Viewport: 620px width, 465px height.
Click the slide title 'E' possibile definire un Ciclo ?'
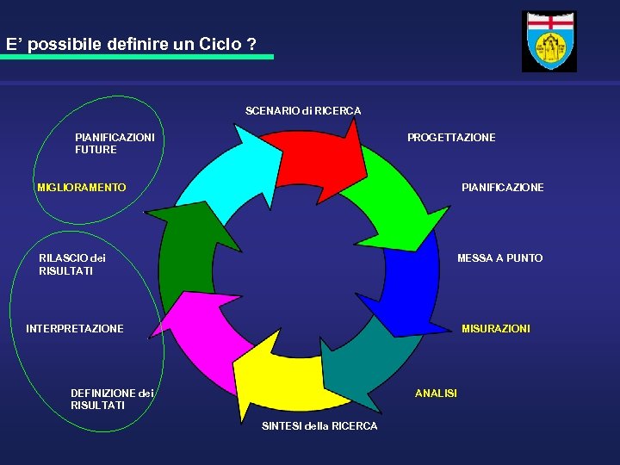pyautogui.click(x=131, y=44)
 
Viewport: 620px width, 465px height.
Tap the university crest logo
pyautogui.click(x=549, y=41)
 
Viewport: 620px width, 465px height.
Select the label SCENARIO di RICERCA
pyautogui.click(x=303, y=111)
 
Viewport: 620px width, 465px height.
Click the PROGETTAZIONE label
pyautogui.click(x=451, y=138)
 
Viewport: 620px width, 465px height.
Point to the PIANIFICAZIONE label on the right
pyautogui.click(x=502, y=188)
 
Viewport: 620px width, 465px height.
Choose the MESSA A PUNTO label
pyautogui.click(x=499, y=258)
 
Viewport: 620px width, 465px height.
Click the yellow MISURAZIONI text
pyautogui.click(x=496, y=329)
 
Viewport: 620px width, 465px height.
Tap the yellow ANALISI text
pyautogui.click(x=436, y=394)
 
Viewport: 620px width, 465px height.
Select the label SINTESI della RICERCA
pyautogui.click(x=319, y=426)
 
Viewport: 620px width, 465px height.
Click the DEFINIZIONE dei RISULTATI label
pyautogui.click(x=112, y=400)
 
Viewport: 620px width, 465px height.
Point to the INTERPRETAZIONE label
pyautogui.click(x=75, y=329)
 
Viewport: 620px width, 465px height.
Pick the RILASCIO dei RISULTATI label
pyautogui.click(x=72, y=264)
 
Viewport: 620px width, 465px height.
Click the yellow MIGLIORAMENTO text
pyautogui.click(x=82, y=188)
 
